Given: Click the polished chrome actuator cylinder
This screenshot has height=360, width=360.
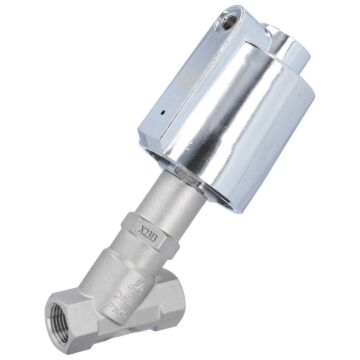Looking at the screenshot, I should tap(230, 130).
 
